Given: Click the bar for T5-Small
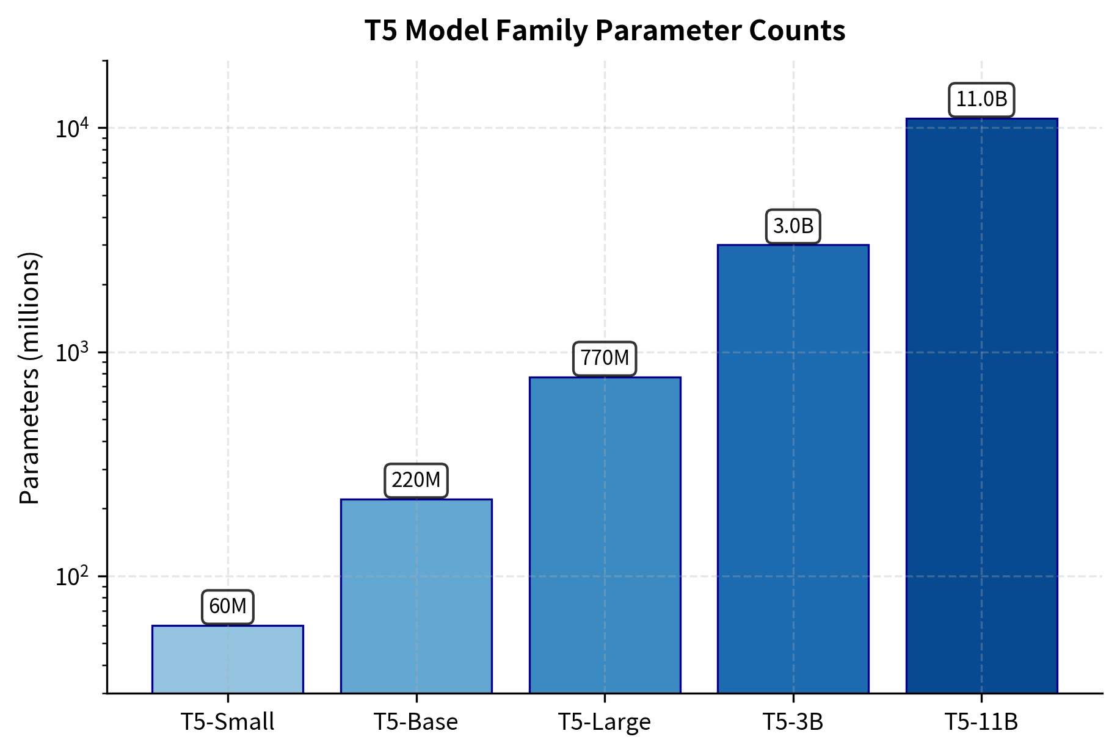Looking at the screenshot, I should click(x=227, y=659).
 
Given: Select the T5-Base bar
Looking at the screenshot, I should click(x=416, y=596).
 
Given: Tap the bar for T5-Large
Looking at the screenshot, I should click(x=605, y=535).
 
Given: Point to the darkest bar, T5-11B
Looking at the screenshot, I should click(x=981, y=405).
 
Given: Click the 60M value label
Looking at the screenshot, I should click(x=227, y=607).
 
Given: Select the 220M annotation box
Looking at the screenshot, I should click(x=416, y=480).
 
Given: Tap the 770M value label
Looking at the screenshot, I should click(x=605, y=358).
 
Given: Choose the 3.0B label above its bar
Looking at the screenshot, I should click(x=793, y=226).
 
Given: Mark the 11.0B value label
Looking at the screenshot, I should click(x=981, y=99).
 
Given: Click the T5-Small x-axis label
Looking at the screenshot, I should click(x=227, y=722).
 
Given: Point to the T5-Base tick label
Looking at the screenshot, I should click(x=416, y=722).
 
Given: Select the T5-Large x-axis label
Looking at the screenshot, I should click(x=605, y=722).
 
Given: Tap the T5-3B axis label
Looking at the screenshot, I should click(x=793, y=722).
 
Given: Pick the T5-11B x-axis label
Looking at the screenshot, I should click(x=981, y=722).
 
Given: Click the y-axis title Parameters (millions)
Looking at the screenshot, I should click(x=29, y=378).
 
